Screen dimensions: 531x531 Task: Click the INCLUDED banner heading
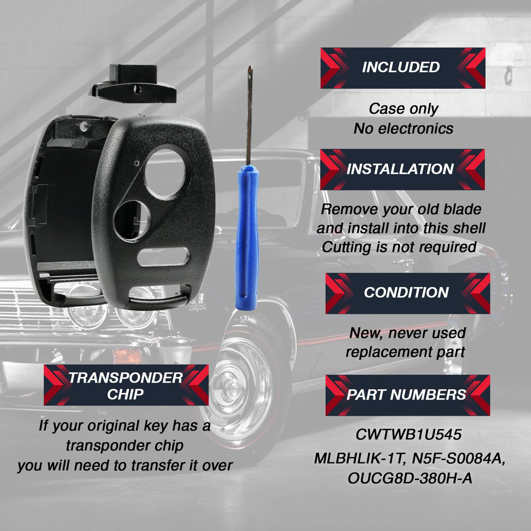pyautogui.click(x=402, y=68)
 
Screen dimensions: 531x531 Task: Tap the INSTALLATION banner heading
pyautogui.click(x=402, y=169)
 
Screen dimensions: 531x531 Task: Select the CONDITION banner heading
pyautogui.click(x=408, y=293)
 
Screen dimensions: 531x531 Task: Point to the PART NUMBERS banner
pyautogui.click(x=408, y=395)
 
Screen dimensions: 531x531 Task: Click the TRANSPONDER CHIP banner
pyautogui.click(x=126, y=385)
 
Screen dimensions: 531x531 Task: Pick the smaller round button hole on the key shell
pyautogui.click(x=132, y=220)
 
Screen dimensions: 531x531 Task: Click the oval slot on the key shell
pyautogui.click(x=164, y=257)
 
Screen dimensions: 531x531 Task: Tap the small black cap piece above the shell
pyautogui.click(x=134, y=84)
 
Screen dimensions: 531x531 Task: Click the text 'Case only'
pyautogui.click(x=404, y=109)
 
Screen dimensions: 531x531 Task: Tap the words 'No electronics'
pyautogui.click(x=404, y=129)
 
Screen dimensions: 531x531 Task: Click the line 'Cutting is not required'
pyautogui.click(x=399, y=247)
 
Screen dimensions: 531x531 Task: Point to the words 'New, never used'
pyautogui.click(x=407, y=333)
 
